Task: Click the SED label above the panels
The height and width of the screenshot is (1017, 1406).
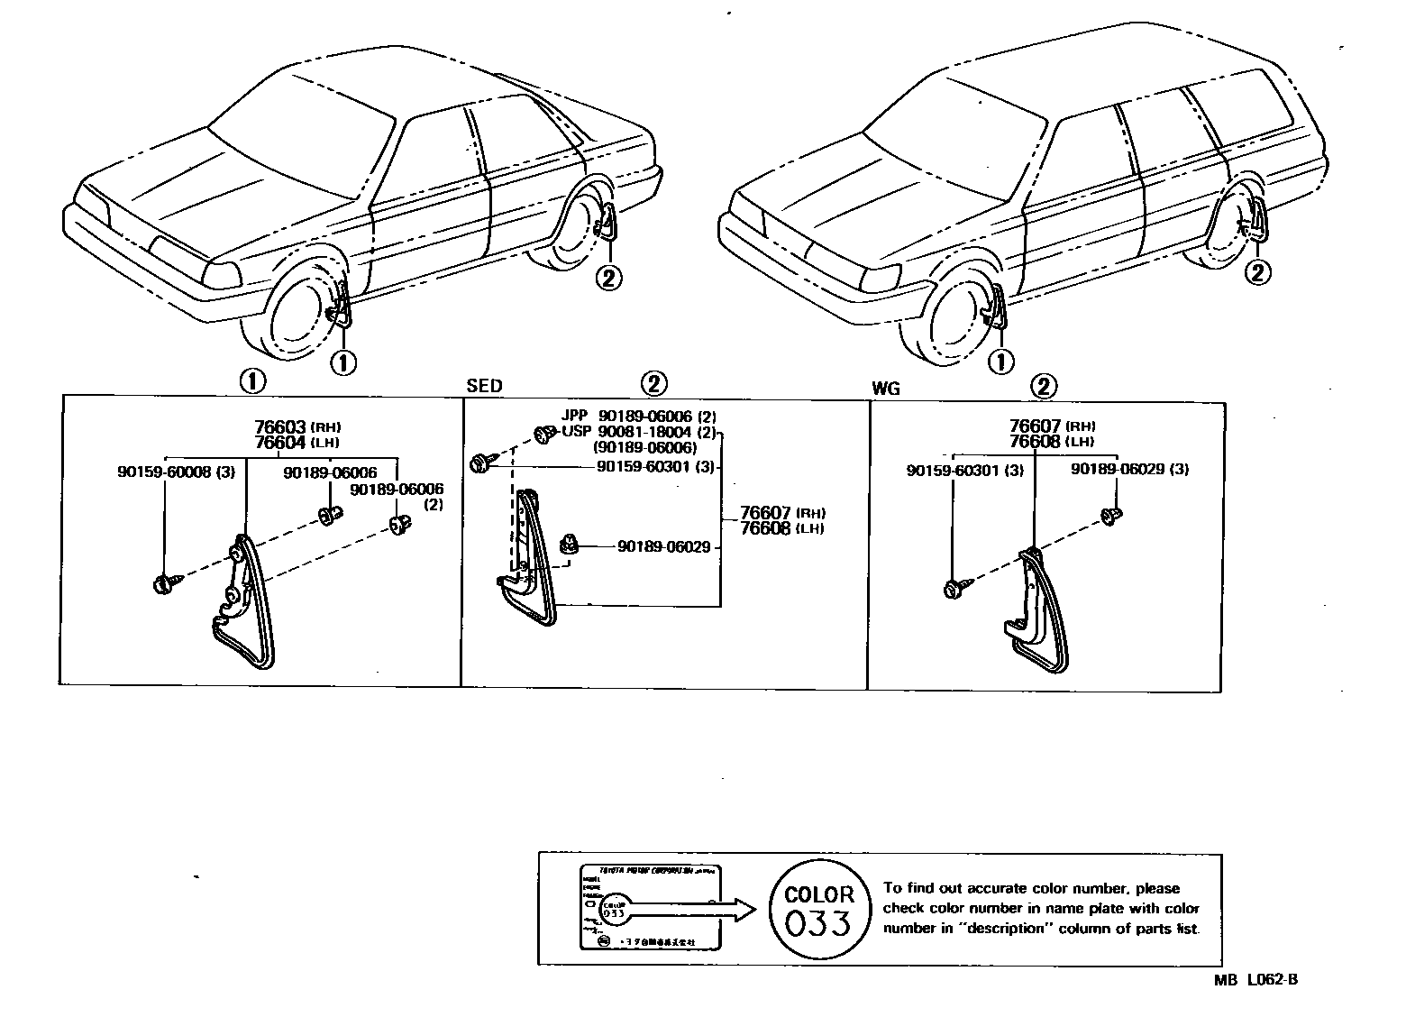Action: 484,386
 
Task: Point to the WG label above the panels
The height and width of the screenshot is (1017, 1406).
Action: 886,389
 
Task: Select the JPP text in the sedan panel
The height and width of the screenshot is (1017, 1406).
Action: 574,416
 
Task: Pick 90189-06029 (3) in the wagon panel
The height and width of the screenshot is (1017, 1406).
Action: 1129,470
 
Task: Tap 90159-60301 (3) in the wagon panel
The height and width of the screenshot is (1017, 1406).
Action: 964,470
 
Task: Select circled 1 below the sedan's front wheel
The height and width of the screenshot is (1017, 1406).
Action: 342,362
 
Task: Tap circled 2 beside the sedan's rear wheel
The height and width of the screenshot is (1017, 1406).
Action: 607,278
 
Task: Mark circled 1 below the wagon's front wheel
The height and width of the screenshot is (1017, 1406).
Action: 1000,362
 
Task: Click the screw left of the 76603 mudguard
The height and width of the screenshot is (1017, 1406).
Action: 166,585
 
